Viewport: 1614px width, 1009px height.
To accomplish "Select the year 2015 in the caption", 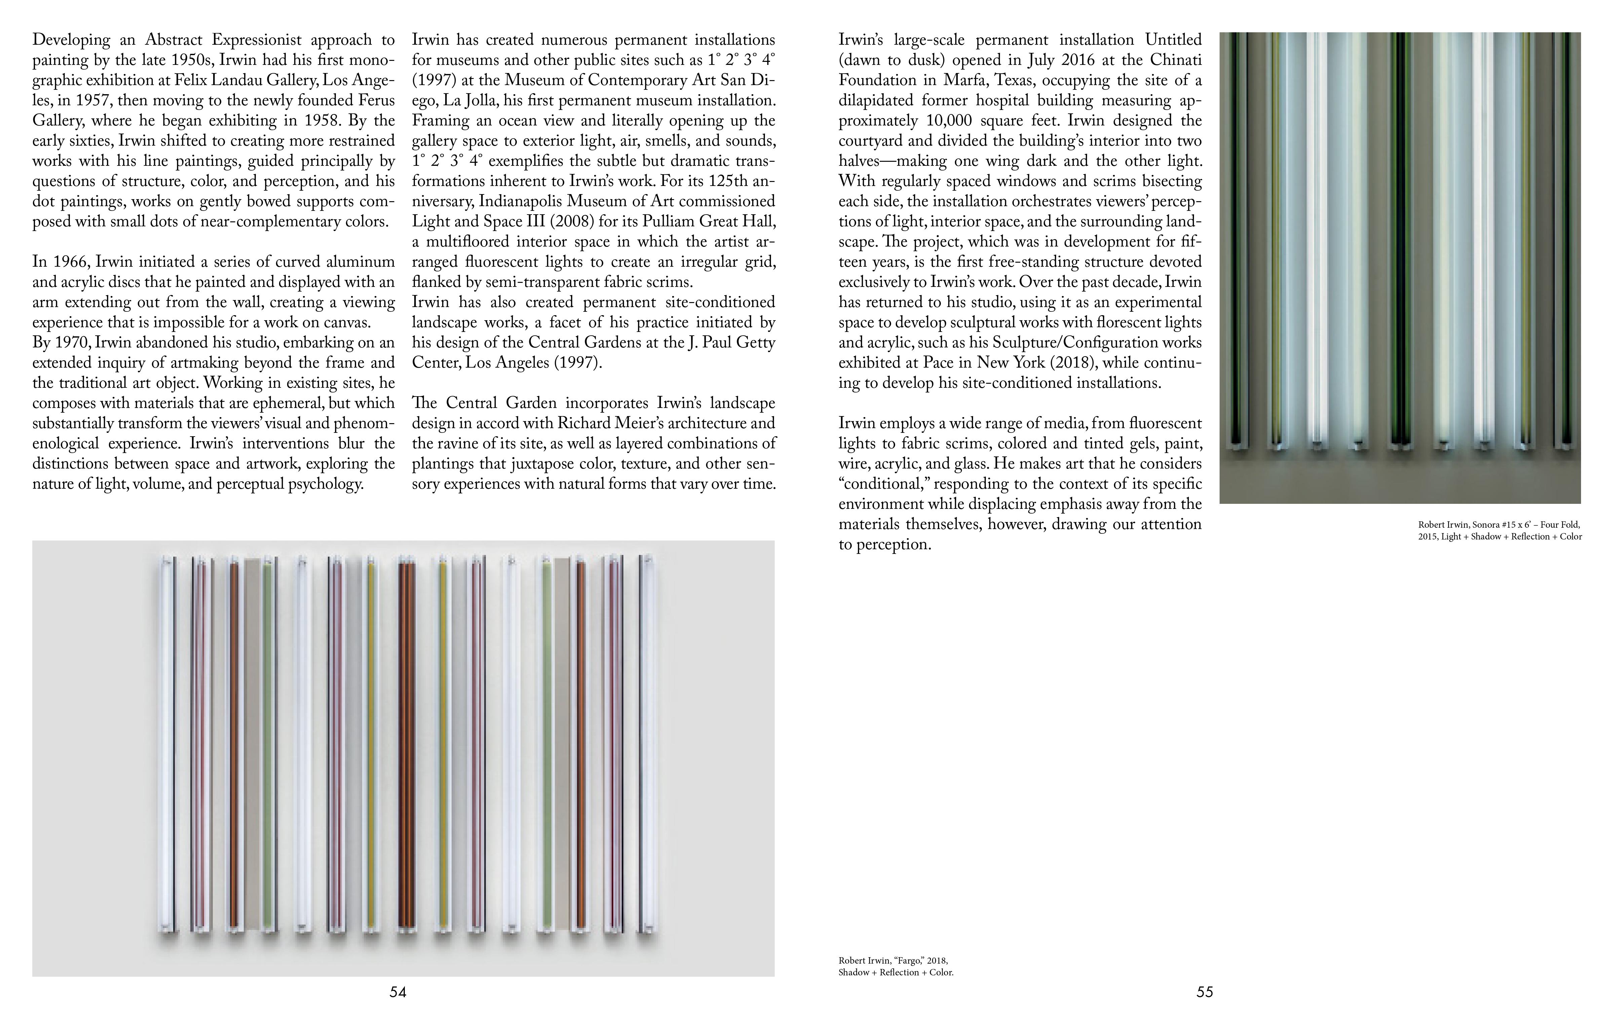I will (1428, 536).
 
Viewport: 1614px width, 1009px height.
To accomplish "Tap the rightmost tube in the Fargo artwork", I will (646, 744).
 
